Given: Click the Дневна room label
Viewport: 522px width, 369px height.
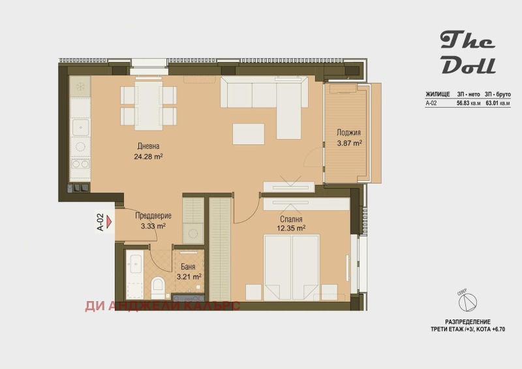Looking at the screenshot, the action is click(148, 146).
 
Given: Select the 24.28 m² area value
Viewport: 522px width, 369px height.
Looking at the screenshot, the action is click(148, 156).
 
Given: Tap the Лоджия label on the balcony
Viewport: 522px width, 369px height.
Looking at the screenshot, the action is click(348, 133).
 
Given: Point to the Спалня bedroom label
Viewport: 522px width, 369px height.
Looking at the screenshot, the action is click(291, 219).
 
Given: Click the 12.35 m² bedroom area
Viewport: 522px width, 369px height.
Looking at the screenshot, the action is click(291, 229).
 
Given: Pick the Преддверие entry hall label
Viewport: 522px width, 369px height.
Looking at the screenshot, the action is click(153, 216).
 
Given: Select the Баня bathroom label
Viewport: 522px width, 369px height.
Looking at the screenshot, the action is click(188, 266).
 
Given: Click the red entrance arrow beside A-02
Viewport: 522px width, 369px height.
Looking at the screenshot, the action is click(110, 220).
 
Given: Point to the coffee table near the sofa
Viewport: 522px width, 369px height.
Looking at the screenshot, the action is click(249, 134).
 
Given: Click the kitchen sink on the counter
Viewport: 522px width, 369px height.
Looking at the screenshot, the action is click(80, 127).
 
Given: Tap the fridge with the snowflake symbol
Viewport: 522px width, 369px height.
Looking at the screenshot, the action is click(80, 86).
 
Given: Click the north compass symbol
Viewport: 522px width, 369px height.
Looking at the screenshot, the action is click(467, 302).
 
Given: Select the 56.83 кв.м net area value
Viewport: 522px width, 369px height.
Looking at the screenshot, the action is click(468, 103).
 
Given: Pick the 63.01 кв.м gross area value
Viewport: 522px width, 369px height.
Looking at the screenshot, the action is click(498, 103).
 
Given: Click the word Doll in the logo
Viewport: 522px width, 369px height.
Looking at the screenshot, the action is click(468, 66).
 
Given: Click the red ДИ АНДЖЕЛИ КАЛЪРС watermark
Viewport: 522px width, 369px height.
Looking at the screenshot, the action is click(162, 306).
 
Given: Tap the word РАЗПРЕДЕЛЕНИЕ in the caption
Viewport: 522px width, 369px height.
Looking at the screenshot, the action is click(468, 322).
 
